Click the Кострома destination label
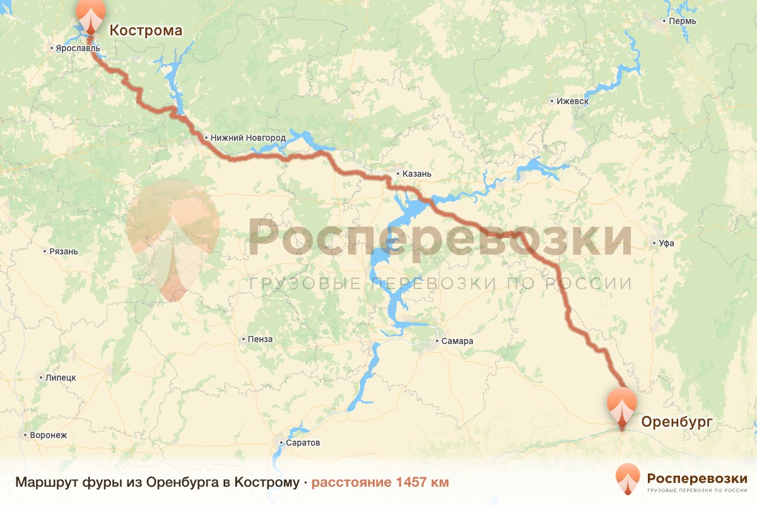click(x=146, y=30)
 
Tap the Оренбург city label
click(x=676, y=422)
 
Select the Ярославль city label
click(x=78, y=48)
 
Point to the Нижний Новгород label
click(x=248, y=138)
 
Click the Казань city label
click(x=416, y=174)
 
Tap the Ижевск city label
click(x=572, y=101)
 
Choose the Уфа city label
click(x=666, y=243)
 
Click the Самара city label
click(x=457, y=342)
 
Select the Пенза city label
click(x=261, y=339)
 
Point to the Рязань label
click(x=64, y=251)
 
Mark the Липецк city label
click(x=61, y=377)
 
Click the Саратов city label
click(x=304, y=443)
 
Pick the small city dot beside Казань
click(x=398, y=174)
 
